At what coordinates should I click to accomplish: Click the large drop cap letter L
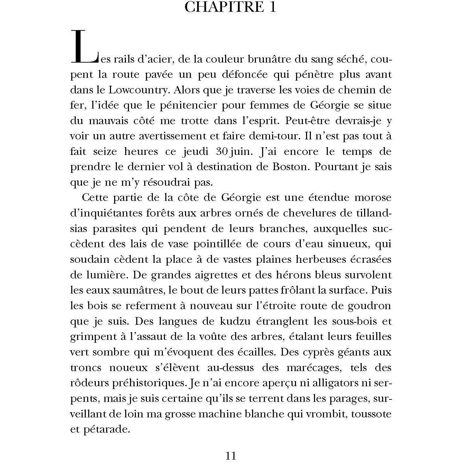tap(83, 47)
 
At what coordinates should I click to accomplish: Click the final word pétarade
tap(105, 430)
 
